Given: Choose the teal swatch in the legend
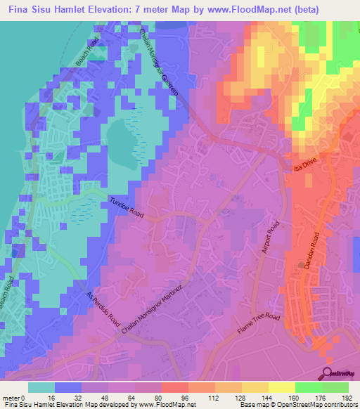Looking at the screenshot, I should pyautogui.click(x=41, y=387).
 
